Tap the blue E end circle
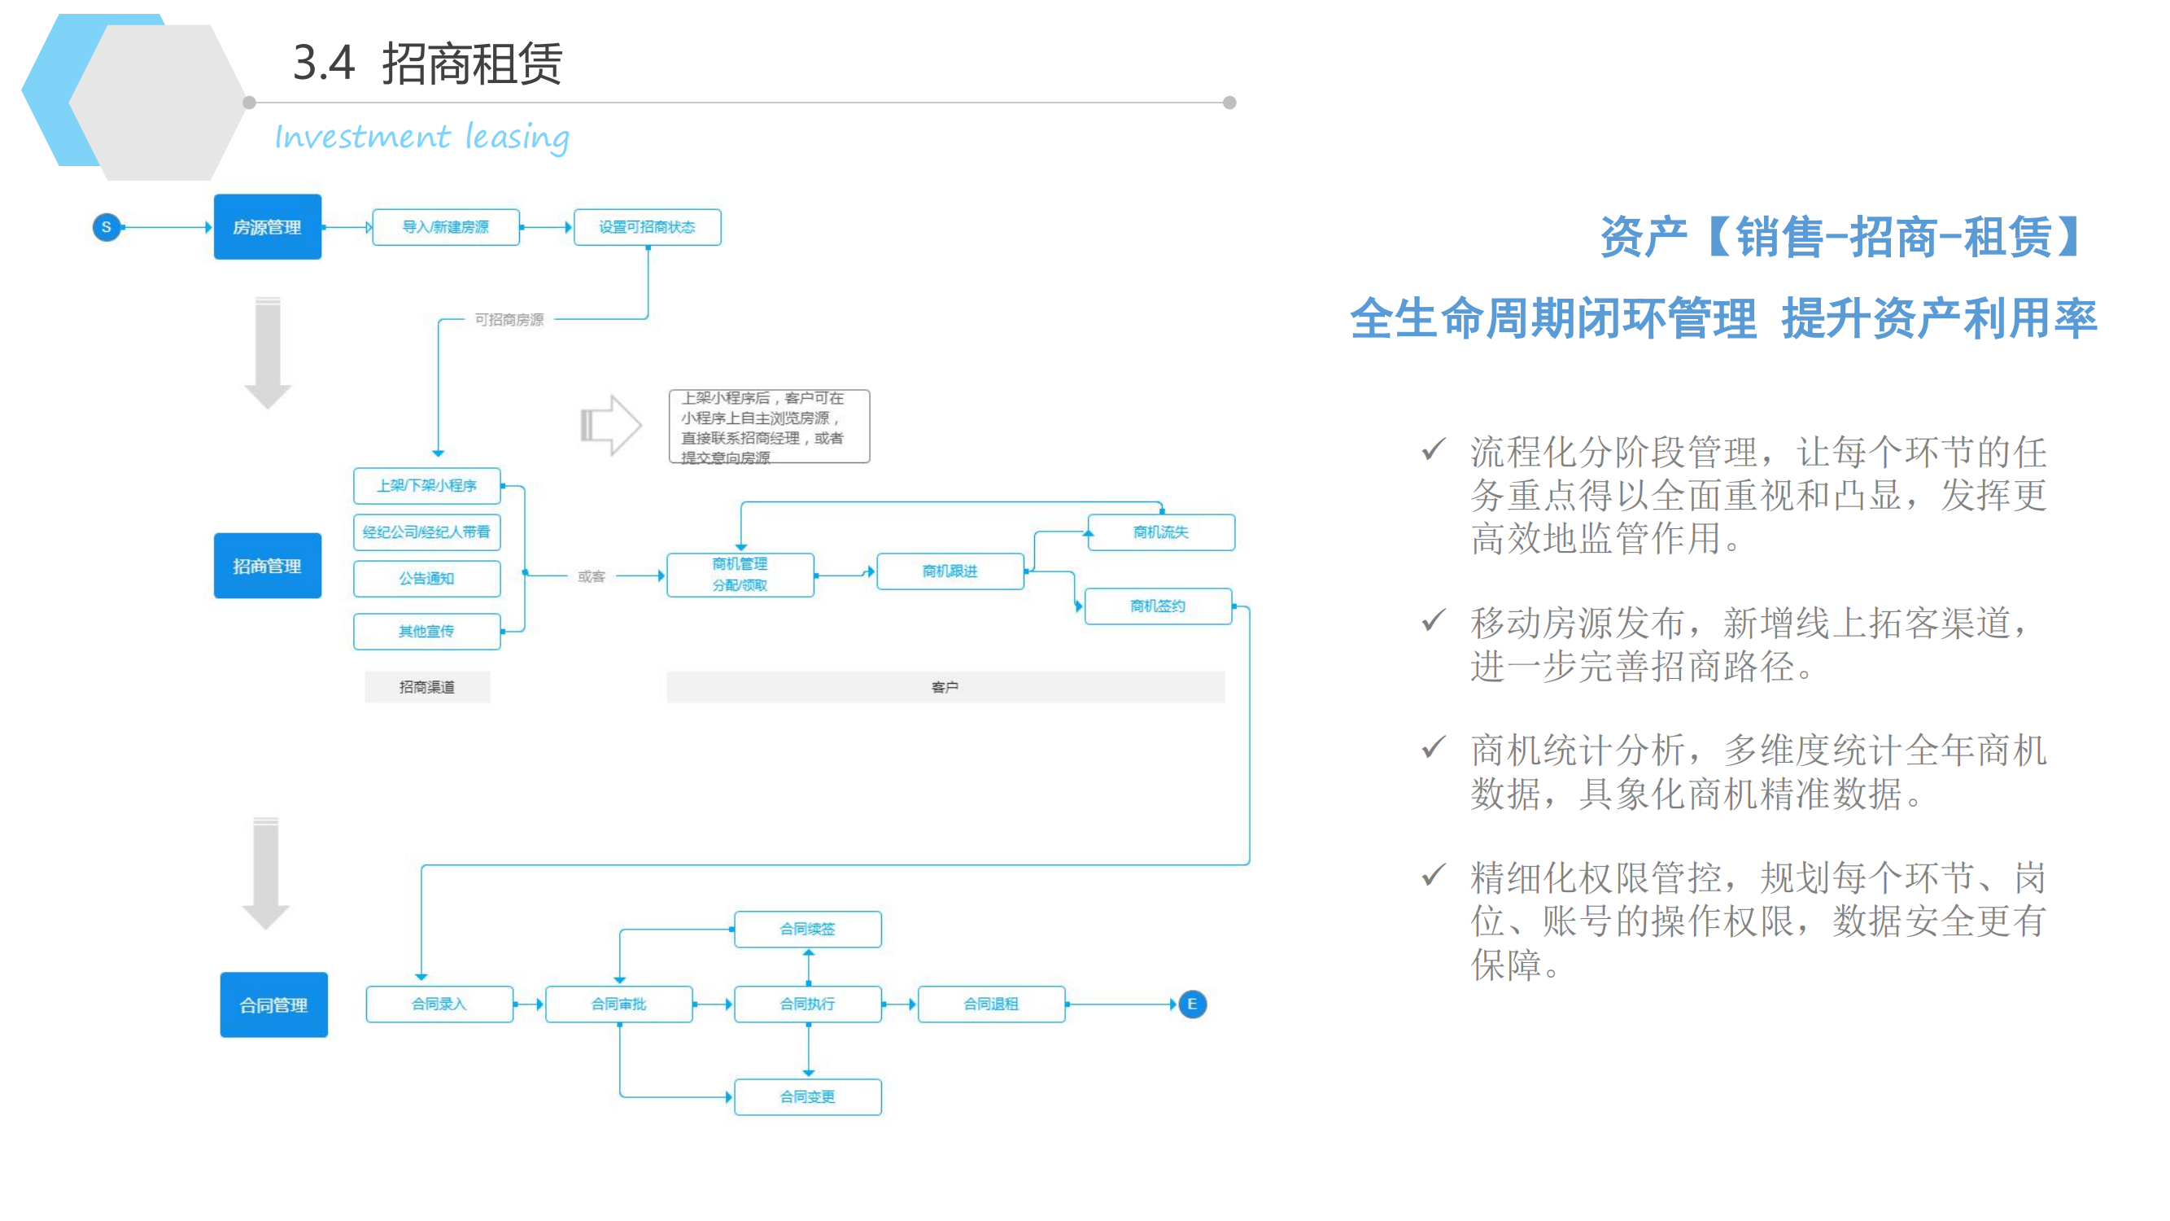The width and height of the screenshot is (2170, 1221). pyautogui.click(x=1192, y=1004)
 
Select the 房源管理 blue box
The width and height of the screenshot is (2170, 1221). pyautogui.click(x=267, y=226)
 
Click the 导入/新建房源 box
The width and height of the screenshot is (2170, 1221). pyautogui.click(x=446, y=226)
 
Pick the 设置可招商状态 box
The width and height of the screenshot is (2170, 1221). pyautogui.click(x=647, y=226)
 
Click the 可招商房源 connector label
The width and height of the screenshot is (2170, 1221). pyautogui.click(x=509, y=319)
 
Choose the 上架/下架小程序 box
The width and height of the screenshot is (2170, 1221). pyautogui.click(x=427, y=485)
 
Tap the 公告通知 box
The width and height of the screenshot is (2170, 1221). pyautogui.click(x=427, y=578)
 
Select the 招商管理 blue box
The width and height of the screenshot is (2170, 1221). pyautogui.click(x=267, y=566)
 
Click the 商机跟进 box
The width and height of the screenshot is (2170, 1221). pyautogui.click(x=950, y=571)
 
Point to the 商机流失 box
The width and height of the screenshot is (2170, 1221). pyautogui.click(x=1161, y=532)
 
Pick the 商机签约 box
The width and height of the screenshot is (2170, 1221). pyautogui.click(x=1159, y=606)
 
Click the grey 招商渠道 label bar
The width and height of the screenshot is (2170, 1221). pyautogui.click(x=427, y=687)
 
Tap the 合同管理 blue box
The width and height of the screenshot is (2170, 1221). pyautogui.click(x=273, y=1004)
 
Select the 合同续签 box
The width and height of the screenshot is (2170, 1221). pyautogui.click(x=808, y=929)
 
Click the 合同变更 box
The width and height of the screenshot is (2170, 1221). pyautogui.click(x=808, y=1096)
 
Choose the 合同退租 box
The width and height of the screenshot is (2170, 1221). pyautogui.click(x=992, y=1004)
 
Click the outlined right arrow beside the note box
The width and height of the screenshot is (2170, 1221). pyautogui.click(x=612, y=425)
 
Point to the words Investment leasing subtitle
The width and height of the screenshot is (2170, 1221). pyautogui.click(x=422, y=137)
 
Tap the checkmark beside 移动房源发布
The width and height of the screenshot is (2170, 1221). pyautogui.click(x=1433, y=621)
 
